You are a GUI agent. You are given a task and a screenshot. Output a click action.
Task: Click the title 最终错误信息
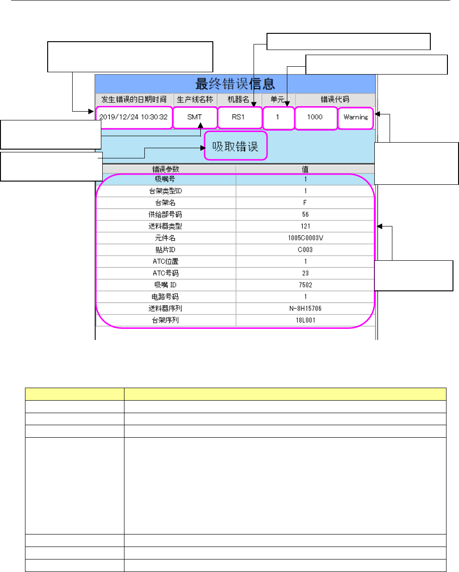click(235, 84)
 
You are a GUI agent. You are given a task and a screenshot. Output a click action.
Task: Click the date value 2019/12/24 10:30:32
click(134, 117)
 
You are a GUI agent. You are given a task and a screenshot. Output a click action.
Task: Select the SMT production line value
click(195, 117)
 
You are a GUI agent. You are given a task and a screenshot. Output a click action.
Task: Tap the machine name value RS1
click(238, 117)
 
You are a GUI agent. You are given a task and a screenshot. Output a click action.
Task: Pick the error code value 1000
click(315, 117)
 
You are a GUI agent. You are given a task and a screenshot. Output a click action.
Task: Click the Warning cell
click(355, 117)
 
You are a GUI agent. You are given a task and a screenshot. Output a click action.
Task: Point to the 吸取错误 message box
click(236, 146)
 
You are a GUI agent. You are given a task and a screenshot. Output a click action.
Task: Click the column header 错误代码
click(335, 100)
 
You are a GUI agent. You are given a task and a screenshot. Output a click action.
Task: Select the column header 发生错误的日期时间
click(134, 100)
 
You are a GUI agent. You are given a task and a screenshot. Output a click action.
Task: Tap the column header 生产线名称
click(195, 100)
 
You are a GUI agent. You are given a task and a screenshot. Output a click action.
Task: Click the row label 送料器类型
click(165, 226)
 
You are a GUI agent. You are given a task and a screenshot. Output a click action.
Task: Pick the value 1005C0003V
click(305, 238)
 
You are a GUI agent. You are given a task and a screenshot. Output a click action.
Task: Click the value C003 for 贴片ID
click(305, 250)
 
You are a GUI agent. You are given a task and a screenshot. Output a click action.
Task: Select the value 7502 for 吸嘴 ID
click(305, 285)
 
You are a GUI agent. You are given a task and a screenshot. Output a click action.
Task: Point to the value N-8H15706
click(305, 308)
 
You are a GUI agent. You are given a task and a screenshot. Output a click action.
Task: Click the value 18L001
click(305, 320)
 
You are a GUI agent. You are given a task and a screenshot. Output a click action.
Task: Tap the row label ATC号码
click(165, 273)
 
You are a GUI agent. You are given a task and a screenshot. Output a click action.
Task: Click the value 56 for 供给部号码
click(305, 214)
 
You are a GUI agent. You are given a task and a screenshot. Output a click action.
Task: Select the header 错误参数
click(165, 169)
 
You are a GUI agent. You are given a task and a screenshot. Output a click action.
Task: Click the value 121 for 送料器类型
click(305, 226)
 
